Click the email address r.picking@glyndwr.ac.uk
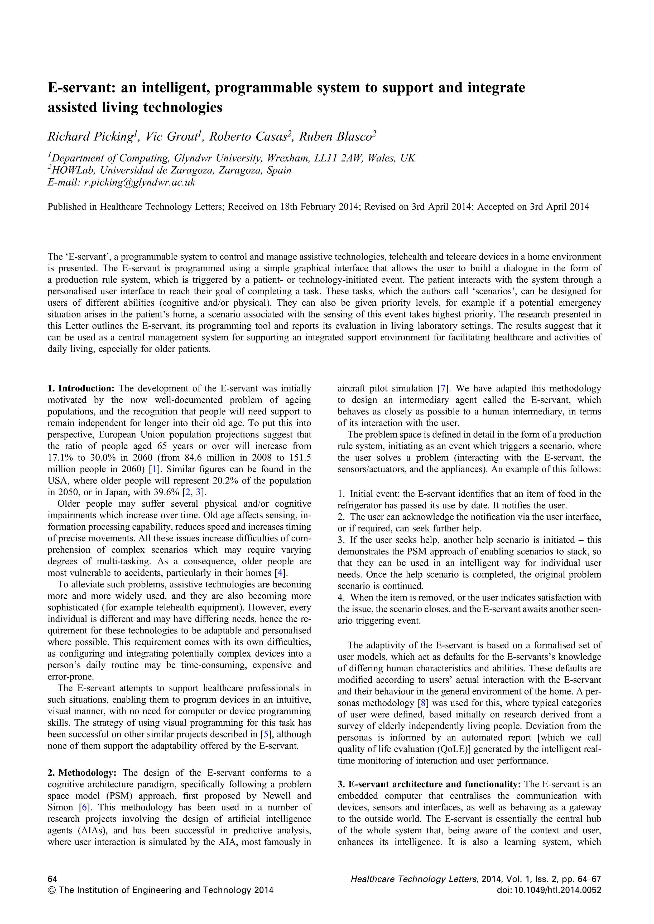click(x=139, y=182)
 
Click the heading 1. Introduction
click(x=81, y=388)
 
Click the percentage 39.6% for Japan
click(x=167, y=492)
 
